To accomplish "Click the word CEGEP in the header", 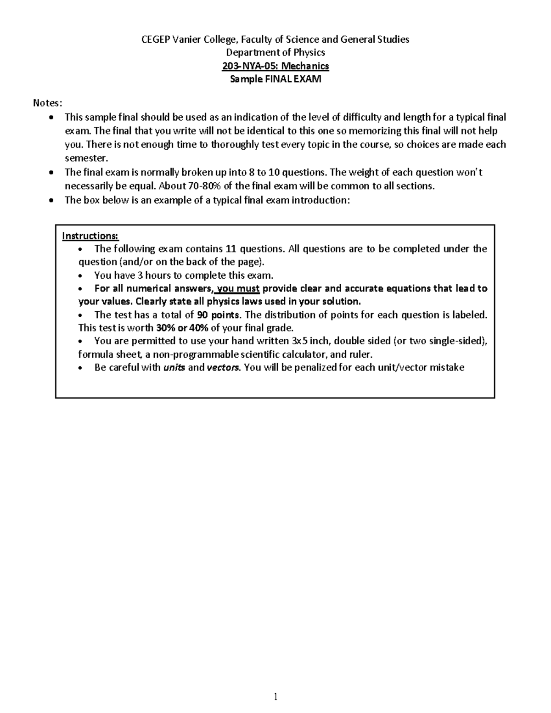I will [x=155, y=39].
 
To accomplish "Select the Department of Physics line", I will [x=275, y=52].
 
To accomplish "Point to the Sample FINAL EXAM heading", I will [x=275, y=79].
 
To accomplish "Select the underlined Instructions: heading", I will [x=90, y=236].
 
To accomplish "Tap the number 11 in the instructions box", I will [x=231, y=249].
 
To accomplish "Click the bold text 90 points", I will [x=218, y=315].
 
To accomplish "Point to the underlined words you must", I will [x=238, y=289].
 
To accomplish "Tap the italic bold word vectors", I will [x=223, y=368].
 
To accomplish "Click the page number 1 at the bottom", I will [x=275, y=697].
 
